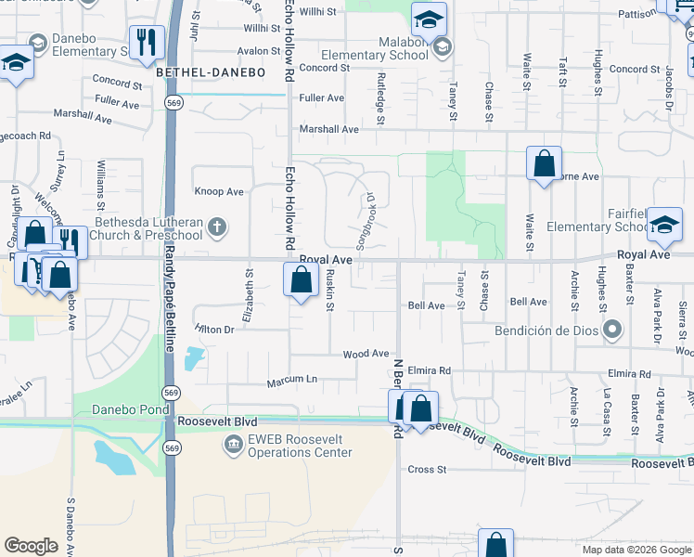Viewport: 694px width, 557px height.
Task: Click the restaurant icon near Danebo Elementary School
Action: click(x=147, y=44)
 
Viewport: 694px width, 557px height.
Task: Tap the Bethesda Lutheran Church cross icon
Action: click(x=216, y=227)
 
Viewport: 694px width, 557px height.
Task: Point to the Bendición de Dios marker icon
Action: click(x=611, y=330)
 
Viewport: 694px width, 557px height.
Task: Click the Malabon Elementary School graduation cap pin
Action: click(x=429, y=19)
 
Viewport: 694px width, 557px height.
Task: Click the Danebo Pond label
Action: click(x=130, y=409)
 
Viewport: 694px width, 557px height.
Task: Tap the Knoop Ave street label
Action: click(x=219, y=192)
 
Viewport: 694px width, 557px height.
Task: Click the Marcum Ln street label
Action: click(x=291, y=379)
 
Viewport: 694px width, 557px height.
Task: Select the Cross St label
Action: click(x=427, y=470)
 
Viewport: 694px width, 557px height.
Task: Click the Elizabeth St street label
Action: click(x=249, y=295)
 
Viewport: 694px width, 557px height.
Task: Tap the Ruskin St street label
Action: click(x=329, y=290)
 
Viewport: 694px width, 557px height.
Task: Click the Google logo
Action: click(x=31, y=546)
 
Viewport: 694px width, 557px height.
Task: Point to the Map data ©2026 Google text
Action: click(x=636, y=550)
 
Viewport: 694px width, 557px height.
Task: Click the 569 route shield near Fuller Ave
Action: click(x=173, y=100)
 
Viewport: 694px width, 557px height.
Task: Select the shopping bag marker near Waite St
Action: click(x=544, y=163)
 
